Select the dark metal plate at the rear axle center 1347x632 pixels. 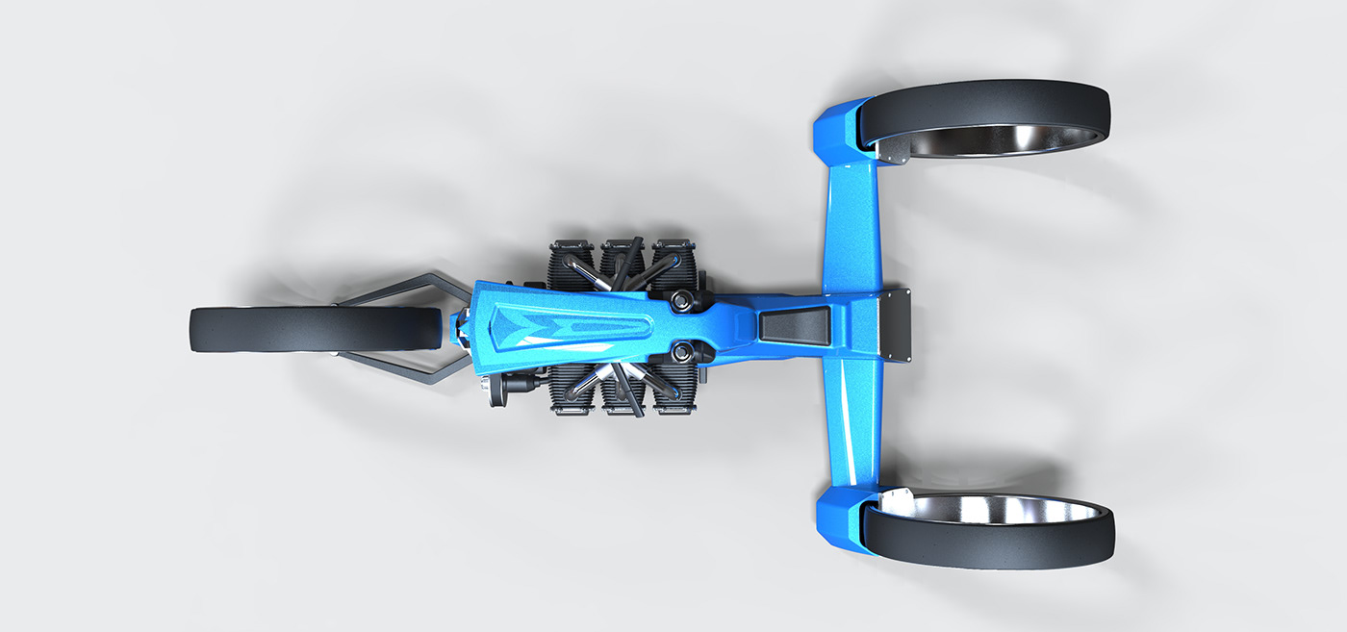pyautogui.click(x=896, y=324)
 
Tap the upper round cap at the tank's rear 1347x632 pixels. pyautogui.click(x=686, y=302)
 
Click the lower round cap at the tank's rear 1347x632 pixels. pyautogui.click(x=686, y=351)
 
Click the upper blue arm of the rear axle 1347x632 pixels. pyautogui.click(x=851, y=221)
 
